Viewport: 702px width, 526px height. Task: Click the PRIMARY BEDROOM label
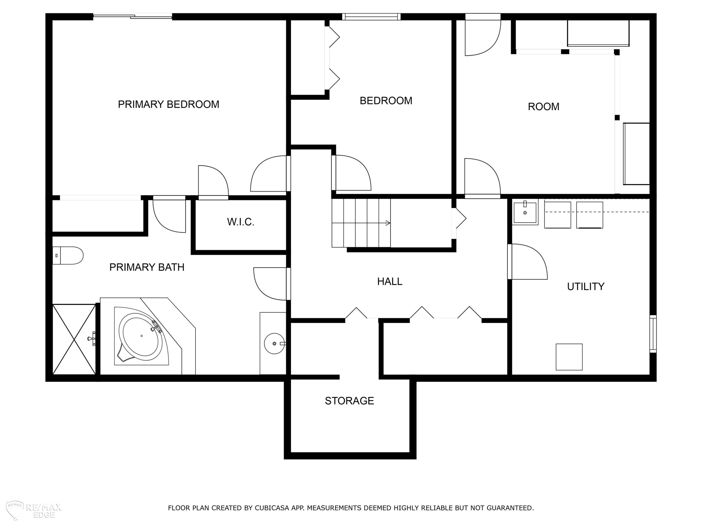click(168, 104)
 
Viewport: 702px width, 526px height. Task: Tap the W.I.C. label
click(241, 222)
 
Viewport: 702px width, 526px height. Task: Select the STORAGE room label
click(349, 401)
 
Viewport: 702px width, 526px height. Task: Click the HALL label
click(390, 281)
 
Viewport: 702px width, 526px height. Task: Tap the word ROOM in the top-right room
click(544, 107)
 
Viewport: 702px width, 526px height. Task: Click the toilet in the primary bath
click(68, 256)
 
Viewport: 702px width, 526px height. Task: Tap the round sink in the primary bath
click(274, 343)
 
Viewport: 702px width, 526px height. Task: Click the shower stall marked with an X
click(74, 339)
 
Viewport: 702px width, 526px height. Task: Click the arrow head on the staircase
click(388, 223)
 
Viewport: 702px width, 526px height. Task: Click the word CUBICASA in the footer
click(272, 508)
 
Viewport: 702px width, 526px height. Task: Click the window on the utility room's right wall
click(653, 334)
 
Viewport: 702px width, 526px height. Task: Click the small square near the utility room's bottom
click(569, 357)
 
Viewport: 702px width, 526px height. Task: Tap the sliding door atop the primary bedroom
click(133, 16)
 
